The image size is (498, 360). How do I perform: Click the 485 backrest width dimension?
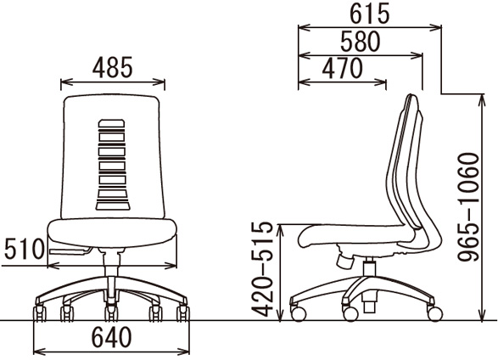(113, 67)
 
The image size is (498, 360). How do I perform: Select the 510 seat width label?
(25, 249)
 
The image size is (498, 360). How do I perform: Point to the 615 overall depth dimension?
(369, 14)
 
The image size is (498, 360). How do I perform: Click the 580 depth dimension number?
(361, 42)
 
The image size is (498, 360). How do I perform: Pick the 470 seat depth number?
(342, 68)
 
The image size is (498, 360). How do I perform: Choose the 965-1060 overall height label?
(467, 207)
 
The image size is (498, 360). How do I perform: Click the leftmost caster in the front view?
(40, 313)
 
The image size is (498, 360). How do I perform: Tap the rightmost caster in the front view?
(183, 313)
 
